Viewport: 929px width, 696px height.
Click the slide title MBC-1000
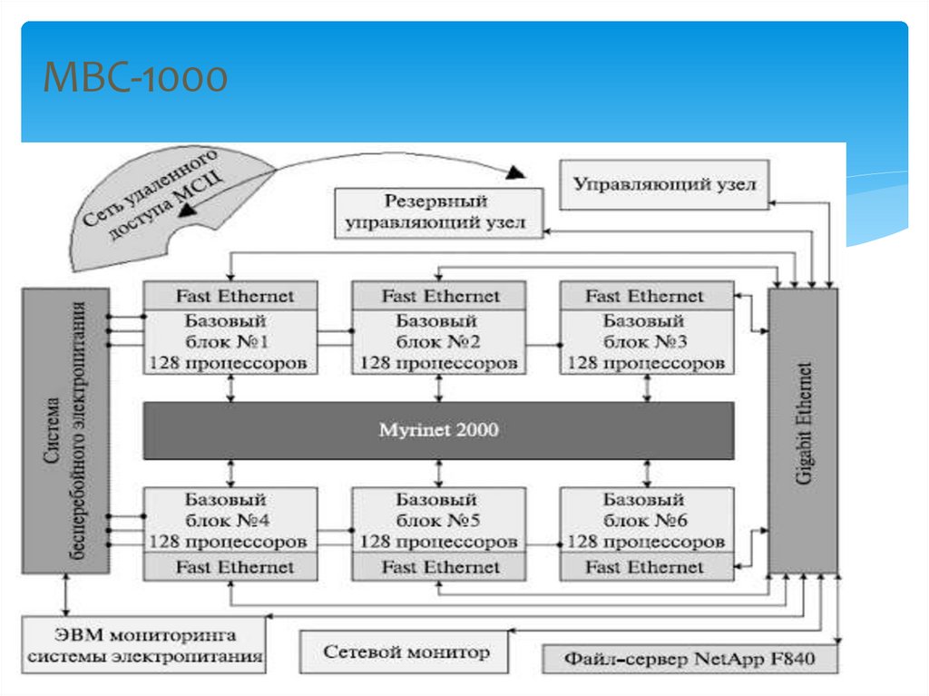137,79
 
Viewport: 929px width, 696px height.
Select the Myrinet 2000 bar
438,430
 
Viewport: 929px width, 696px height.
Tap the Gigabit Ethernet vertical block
803,431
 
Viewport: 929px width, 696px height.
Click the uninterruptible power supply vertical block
65,431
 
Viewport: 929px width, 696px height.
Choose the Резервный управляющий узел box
439,212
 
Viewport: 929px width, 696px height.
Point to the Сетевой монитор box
406,652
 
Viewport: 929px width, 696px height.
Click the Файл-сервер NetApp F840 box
689,660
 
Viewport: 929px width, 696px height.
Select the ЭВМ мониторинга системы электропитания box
144,645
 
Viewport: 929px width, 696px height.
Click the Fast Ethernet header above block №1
230,296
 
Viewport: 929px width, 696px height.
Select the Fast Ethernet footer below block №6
646,567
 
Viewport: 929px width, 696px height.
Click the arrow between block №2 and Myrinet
440,387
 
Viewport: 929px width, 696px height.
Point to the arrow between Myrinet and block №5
440,473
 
